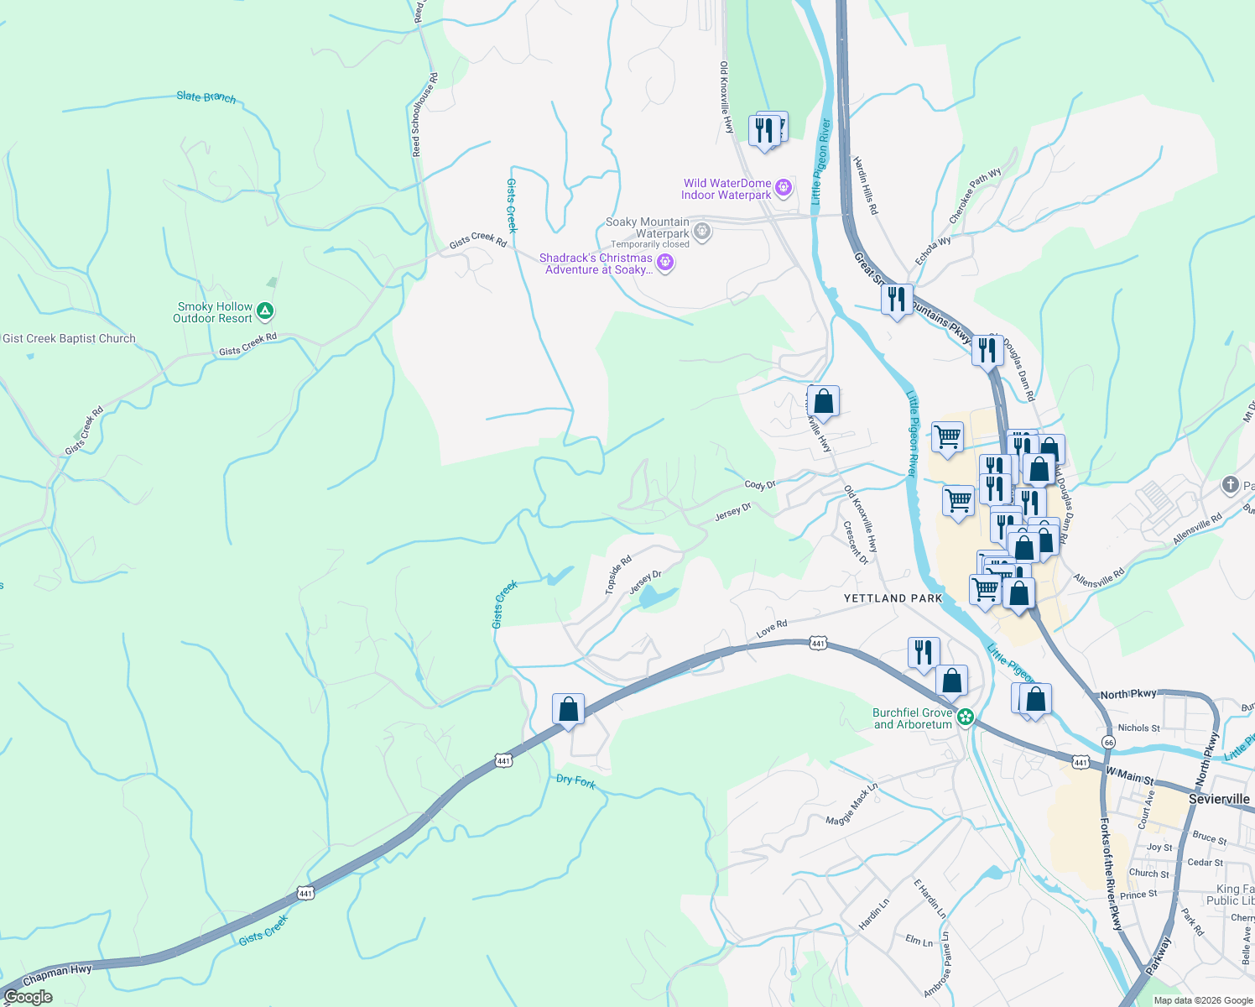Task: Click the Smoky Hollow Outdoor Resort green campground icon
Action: tap(265, 312)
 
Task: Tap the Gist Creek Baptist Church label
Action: tap(69, 339)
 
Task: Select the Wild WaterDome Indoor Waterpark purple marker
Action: tap(784, 187)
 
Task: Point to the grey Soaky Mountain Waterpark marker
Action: tap(703, 231)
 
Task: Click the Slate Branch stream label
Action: tap(206, 97)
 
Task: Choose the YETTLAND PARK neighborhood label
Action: tap(893, 598)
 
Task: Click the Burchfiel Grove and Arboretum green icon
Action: tap(966, 717)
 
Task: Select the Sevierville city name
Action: tap(1219, 799)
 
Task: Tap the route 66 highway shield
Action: tap(1109, 743)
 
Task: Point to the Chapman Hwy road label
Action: tap(57, 975)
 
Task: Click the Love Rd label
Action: tap(772, 629)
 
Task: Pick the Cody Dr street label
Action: tap(760, 485)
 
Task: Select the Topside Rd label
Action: tap(618, 575)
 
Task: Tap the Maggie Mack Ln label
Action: tap(851, 804)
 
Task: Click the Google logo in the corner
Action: tap(28, 997)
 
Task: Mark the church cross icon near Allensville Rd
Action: tap(1230, 484)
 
